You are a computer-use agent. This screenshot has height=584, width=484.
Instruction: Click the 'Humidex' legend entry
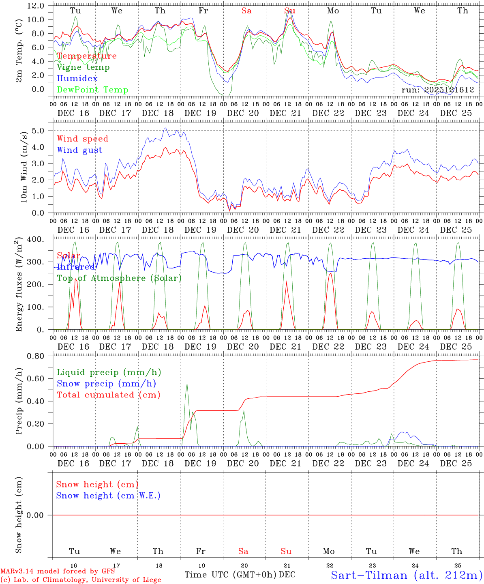(77, 79)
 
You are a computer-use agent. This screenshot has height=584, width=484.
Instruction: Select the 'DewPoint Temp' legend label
(92, 90)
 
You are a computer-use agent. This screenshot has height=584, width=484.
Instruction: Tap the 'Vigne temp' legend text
(83, 67)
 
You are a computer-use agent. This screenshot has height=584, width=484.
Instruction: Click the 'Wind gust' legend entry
(79, 150)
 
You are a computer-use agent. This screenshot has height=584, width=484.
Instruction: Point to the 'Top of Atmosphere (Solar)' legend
(119, 278)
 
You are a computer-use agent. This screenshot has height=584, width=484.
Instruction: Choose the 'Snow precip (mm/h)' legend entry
(106, 384)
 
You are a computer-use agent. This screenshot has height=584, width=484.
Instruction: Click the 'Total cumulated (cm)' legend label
(108, 395)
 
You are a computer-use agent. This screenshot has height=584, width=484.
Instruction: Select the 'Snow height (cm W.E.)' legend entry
(108, 496)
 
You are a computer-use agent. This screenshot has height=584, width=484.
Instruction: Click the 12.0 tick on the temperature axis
(37, 6)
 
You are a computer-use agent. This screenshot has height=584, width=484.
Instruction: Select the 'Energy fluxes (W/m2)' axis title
(19, 285)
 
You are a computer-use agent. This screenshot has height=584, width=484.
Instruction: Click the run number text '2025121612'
(449, 90)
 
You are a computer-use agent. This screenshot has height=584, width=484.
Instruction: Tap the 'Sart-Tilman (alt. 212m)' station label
(406, 575)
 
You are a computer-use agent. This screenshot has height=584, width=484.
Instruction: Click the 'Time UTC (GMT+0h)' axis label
(230, 575)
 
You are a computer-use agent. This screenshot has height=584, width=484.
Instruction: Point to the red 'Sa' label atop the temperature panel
(246, 11)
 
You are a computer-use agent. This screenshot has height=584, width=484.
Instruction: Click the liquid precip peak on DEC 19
(187, 383)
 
